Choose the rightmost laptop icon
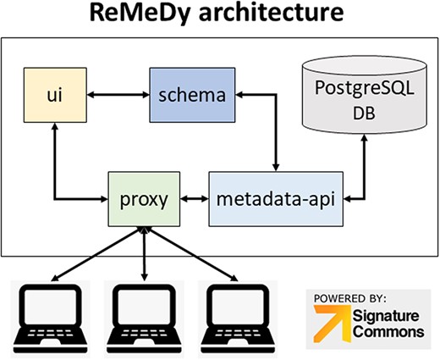[238, 312]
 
